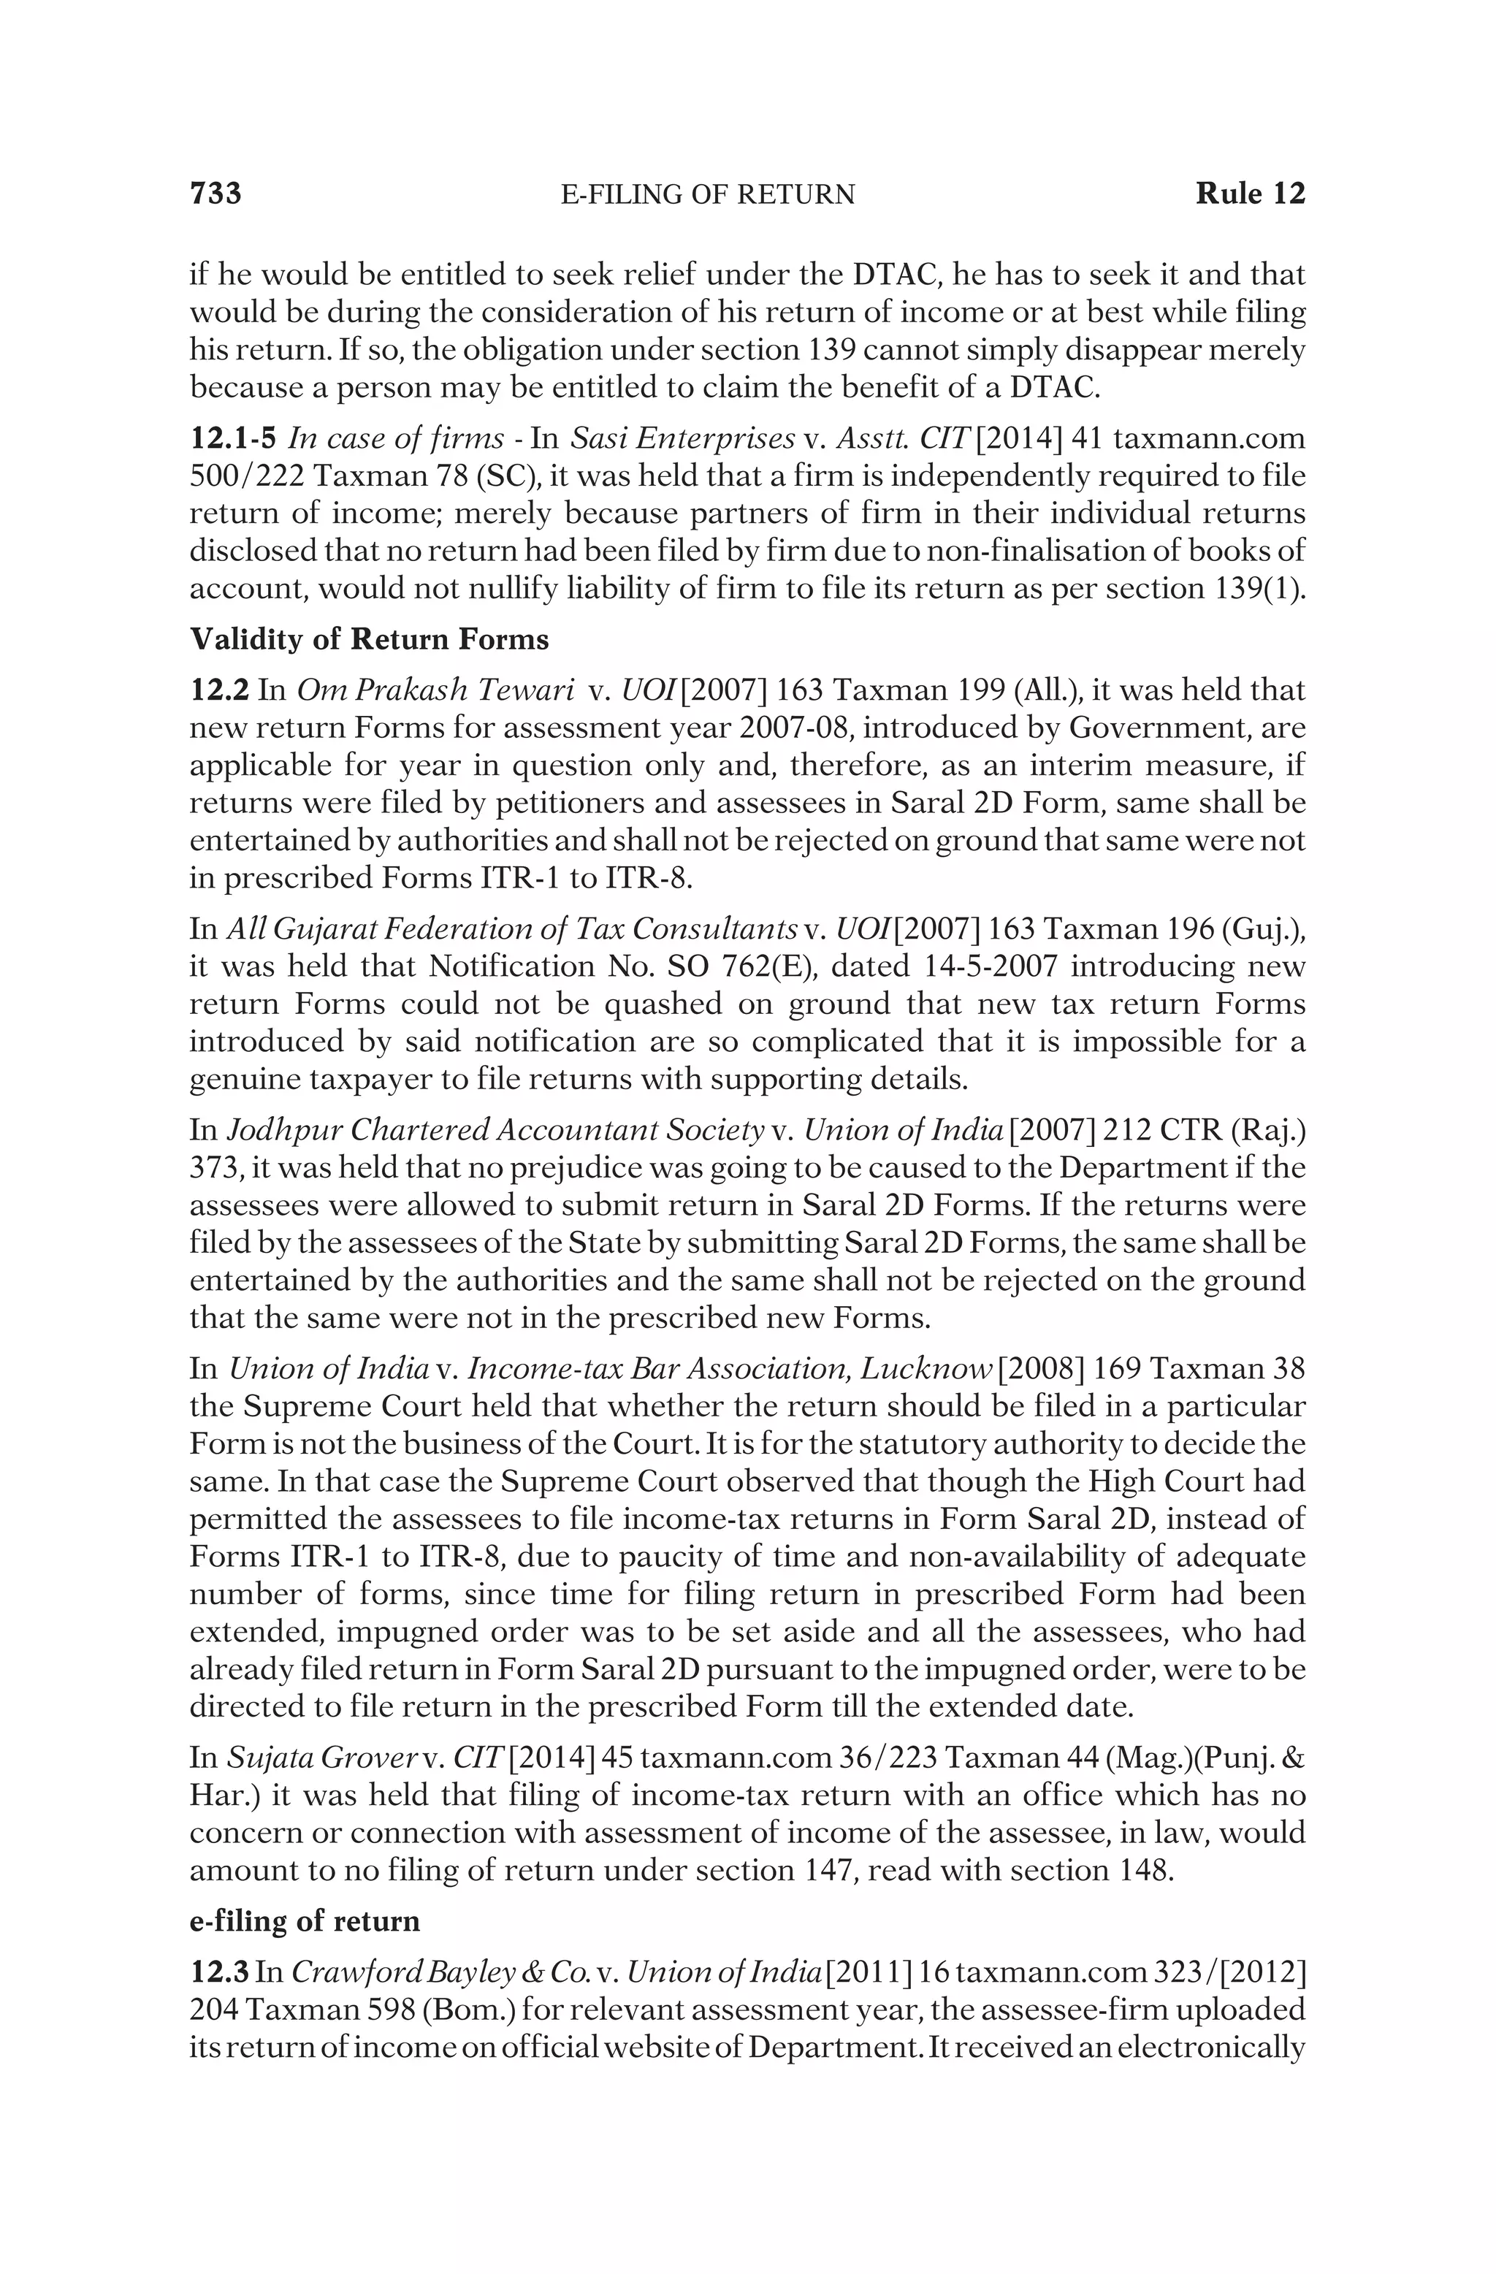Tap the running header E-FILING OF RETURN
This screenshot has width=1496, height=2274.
pos(708,196)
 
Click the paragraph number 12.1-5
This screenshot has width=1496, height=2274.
pos(233,438)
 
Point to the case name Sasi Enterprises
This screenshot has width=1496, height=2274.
pos(682,438)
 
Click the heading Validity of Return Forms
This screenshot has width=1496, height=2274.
pos(369,639)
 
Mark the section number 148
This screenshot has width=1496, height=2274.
pos(1143,1871)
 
